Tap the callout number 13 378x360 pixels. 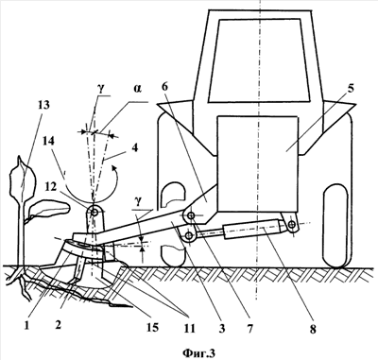pyautogui.click(x=43, y=105)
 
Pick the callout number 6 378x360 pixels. pyautogui.click(x=166, y=87)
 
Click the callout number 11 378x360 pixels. pyautogui.click(x=189, y=328)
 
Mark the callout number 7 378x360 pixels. pyautogui.click(x=249, y=329)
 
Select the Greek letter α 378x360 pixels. pyautogui.click(x=138, y=89)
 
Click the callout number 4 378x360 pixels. pyautogui.click(x=135, y=148)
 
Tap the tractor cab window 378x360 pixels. pyautogui.click(x=260, y=60)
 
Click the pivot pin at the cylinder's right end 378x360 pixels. pyautogui.click(x=292, y=224)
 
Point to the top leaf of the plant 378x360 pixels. pyautogui.click(x=23, y=179)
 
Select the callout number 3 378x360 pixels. pyautogui.click(x=222, y=329)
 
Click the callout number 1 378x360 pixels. pyautogui.click(x=26, y=326)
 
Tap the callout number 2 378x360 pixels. pyautogui.click(x=58, y=325)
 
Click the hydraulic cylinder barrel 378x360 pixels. pyautogui.click(x=252, y=231)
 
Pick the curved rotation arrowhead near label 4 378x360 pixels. pyautogui.click(x=113, y=171)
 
